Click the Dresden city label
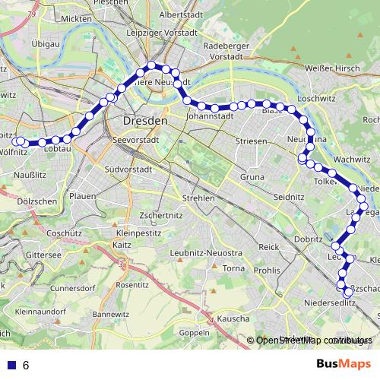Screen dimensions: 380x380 [x=144, y=122]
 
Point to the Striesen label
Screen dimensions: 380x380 [x=251, y=141]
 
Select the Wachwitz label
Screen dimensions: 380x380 [x=351, y=159]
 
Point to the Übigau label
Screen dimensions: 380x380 [x=26, y=45]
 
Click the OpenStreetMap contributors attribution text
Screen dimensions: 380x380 [x=314, y=340]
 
